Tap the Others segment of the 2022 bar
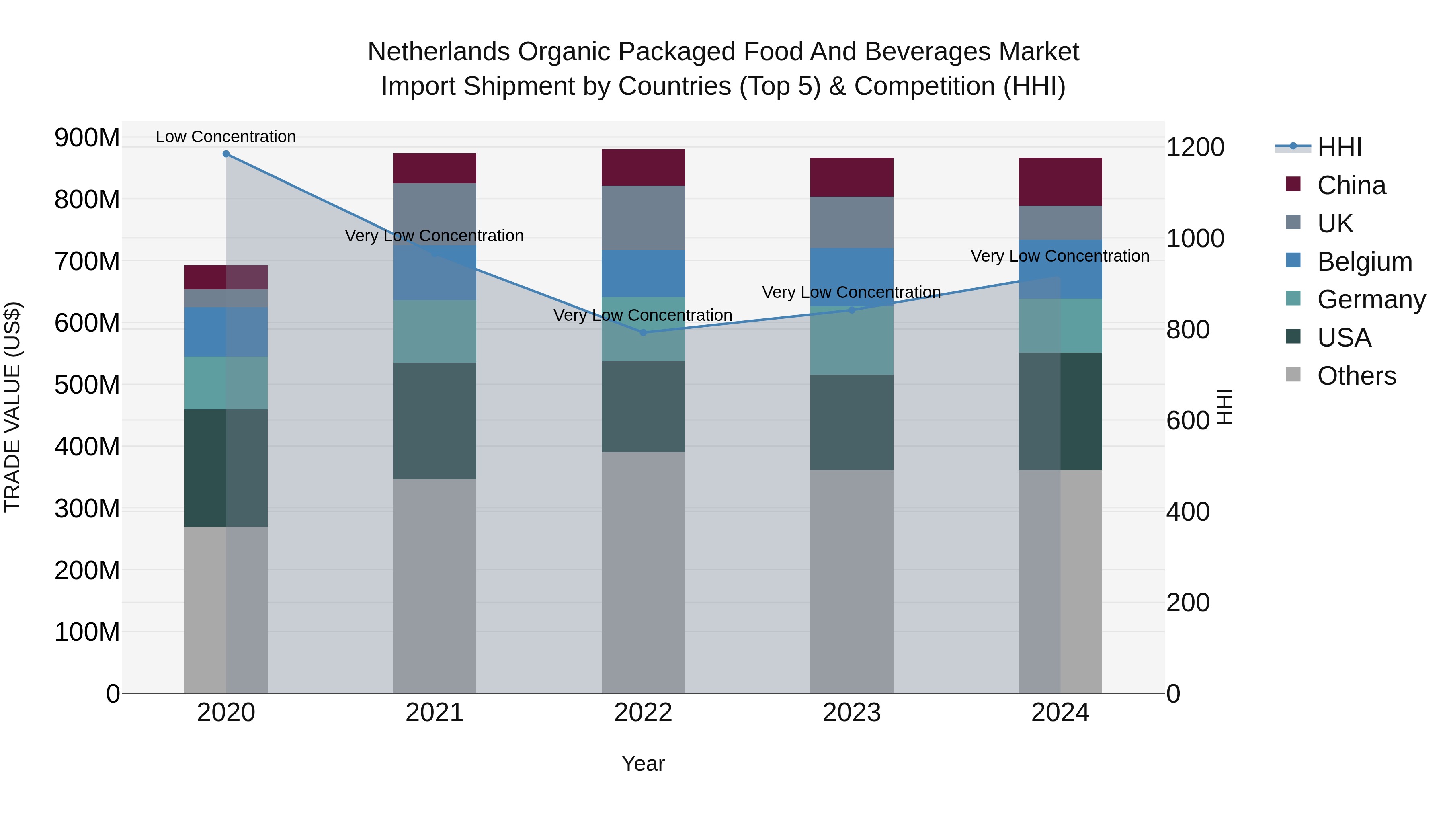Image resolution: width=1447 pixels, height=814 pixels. coord(643,572)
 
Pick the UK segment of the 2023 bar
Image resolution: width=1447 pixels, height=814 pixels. coord(852,222)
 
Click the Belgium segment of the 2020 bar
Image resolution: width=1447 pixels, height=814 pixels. coord(226,332)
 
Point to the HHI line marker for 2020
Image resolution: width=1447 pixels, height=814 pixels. coord(226,154)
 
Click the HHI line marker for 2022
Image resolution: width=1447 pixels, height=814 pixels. coord(643,332)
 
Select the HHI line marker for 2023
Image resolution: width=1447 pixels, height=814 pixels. coord(852,310)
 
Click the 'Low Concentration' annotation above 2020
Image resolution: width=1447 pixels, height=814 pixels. coord(226,137)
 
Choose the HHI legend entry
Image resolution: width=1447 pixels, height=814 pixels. coord(1339,147)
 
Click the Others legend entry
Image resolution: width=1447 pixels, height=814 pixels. coord(1356,376)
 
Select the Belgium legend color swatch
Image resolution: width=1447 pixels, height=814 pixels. coord(1293,260)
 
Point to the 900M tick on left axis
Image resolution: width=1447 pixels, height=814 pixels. coord(87,137)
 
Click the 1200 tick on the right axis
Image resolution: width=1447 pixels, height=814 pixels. coord(1195,147)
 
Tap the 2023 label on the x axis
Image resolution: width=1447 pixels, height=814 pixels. coord(852,713)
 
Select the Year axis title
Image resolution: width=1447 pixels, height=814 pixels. coord(643,763)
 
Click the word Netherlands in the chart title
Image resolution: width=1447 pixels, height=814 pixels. coord(438,52)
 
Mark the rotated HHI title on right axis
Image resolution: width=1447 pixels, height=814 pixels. coord(1225,407)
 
